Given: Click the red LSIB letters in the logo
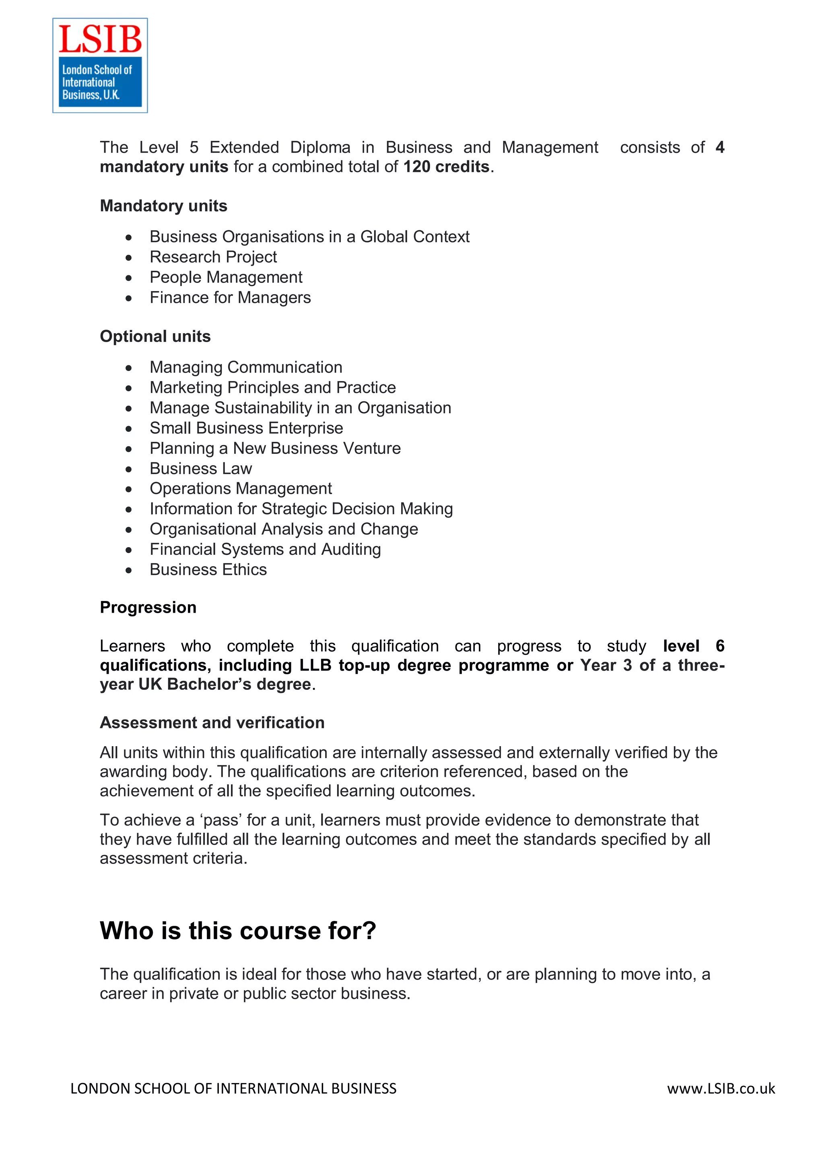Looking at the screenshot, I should point(100,39).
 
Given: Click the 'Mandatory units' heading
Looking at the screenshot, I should point(163,206).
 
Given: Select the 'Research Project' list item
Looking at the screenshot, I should point(213,257).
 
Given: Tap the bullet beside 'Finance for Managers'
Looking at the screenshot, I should point(129,298).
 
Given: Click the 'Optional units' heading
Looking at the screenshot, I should point(155,336).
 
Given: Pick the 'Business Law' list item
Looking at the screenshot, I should point(200,468).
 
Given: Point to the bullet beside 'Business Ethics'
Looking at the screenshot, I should point(129,570).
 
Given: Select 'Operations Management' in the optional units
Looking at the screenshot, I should point(241,488).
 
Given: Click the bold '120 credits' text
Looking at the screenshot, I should point(446,167).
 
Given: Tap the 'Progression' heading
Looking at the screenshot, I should point(148,607).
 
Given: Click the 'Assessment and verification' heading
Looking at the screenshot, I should point(212,722).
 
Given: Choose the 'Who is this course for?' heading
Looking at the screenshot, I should point(238,931).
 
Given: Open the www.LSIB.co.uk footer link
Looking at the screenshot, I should point(721,1088).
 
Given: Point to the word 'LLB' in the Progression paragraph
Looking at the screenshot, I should point(315,665).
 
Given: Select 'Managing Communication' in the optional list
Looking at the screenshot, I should point(246,367).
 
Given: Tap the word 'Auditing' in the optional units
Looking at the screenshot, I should point(351,550).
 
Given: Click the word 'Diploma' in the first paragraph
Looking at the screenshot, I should point(320,148).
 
